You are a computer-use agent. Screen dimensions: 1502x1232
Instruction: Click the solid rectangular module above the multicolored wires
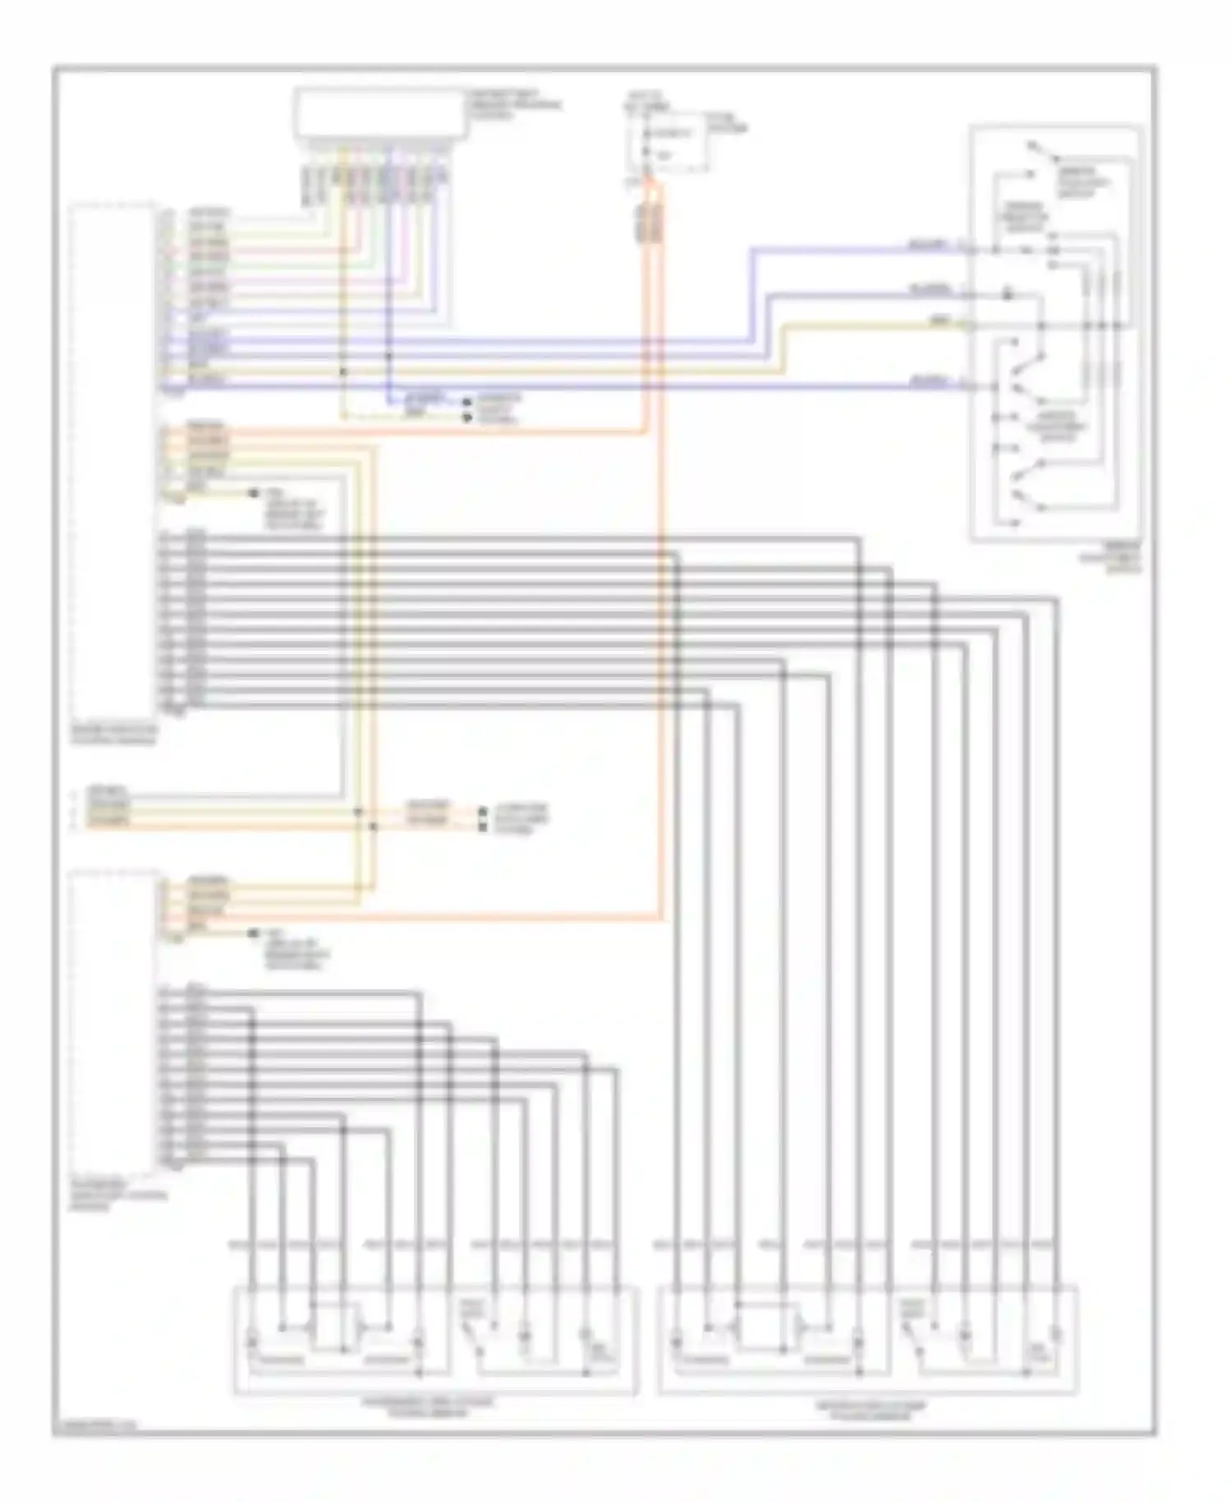[380, 114]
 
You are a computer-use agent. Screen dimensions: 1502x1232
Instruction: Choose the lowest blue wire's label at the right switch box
[929, 380]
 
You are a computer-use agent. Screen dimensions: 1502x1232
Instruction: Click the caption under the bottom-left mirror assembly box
[428, 1408]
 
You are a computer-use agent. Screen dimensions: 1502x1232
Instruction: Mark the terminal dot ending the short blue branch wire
[467, 402]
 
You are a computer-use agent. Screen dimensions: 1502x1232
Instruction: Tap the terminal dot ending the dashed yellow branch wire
[467, 418]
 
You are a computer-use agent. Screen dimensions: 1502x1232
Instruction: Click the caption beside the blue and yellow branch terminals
[499, 409]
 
